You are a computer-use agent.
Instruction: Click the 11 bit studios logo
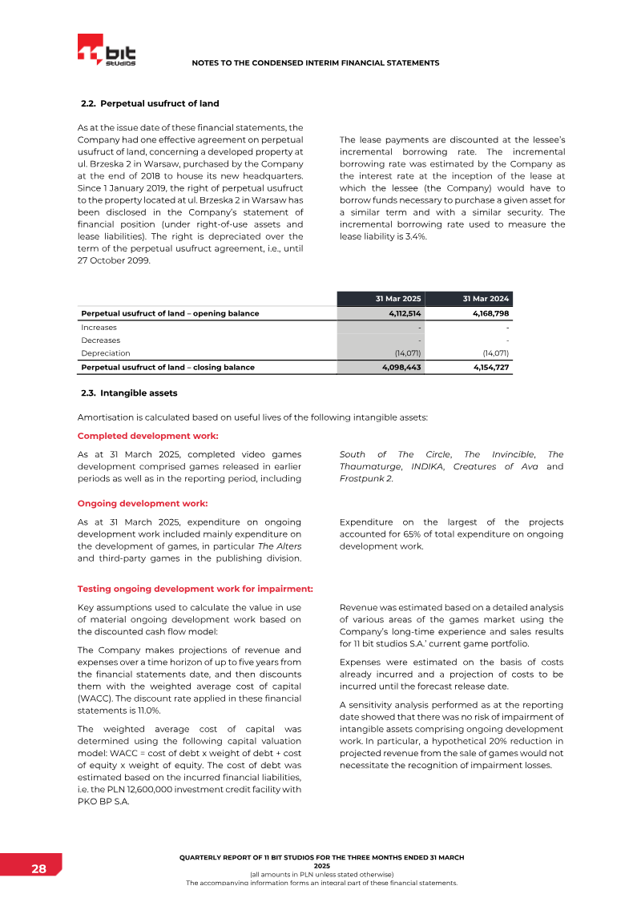[x=107, y=50]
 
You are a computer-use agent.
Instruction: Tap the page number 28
[x=38, y=869]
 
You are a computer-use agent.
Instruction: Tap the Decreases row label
[x=100, y=340]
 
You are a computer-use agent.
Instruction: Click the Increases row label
[x=99, y=327]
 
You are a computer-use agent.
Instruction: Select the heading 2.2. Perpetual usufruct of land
[x=150, y=104]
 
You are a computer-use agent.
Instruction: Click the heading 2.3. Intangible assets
[x=129, y=393]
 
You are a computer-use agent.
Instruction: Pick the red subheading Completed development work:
[x=147, y=436]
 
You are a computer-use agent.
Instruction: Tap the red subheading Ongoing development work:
[x=143, y=503]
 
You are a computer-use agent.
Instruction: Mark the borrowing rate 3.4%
[x=412, y=236]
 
